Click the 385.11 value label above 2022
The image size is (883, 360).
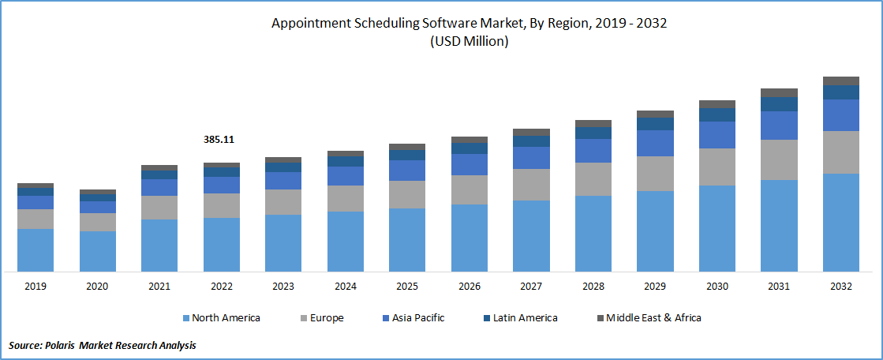(219, 140)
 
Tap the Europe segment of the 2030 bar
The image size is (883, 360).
(717, 167)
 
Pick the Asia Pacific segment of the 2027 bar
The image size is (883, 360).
(531, 158)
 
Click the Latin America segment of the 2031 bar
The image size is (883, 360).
(779, 104)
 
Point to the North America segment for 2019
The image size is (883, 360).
(36, 250)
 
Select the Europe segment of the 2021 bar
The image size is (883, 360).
(159, 207)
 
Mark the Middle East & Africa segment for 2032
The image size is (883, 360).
(840, 81)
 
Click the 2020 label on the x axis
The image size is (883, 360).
(97, 287)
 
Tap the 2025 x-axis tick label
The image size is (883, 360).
(407, 287)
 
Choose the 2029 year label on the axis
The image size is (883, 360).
(655, 287)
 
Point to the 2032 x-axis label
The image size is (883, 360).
(840, 287)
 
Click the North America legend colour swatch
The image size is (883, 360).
(186, 318)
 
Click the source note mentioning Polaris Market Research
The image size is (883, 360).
(103, 345)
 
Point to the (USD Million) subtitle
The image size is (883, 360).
(469, 42)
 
